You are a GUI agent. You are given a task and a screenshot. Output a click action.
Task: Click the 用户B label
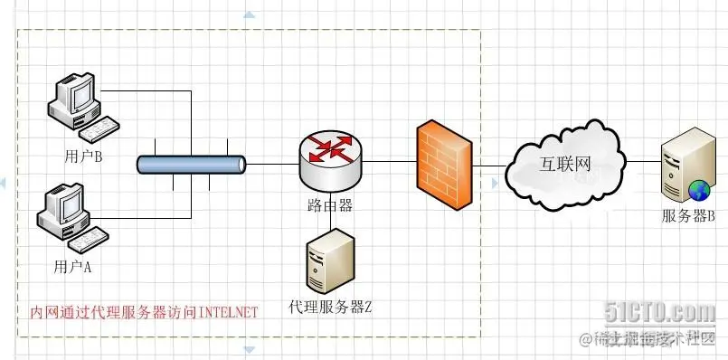[83, 156]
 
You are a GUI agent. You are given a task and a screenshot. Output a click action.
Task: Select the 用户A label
[72, 267]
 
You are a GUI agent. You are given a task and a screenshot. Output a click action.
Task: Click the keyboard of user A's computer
[89, 240]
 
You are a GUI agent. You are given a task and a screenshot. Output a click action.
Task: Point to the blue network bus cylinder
[192, 165]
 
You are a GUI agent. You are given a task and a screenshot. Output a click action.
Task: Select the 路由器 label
[330, 204]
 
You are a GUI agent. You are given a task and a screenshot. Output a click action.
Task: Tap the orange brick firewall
[444, 165]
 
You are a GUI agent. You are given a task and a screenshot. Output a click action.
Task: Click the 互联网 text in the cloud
[564, 164]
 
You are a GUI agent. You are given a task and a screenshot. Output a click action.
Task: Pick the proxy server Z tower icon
[331, 261]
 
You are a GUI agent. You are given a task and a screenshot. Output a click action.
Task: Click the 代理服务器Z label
[330, 307]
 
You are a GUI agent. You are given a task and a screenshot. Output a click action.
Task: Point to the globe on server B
[699, 191]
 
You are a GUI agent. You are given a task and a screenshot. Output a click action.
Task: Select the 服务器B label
[688, 215]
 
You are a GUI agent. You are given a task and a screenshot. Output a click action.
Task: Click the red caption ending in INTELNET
[144, 312]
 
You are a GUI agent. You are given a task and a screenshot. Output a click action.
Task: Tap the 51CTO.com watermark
[660, 312]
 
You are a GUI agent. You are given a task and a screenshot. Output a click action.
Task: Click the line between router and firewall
[389, 162]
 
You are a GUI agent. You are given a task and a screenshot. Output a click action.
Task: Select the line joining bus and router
[272, 164]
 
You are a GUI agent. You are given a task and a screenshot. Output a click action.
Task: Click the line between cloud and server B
[644, 162]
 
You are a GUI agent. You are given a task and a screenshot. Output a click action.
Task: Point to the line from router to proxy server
[331, 209]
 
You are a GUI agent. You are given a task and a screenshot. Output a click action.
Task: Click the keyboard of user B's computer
[99, 128]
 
